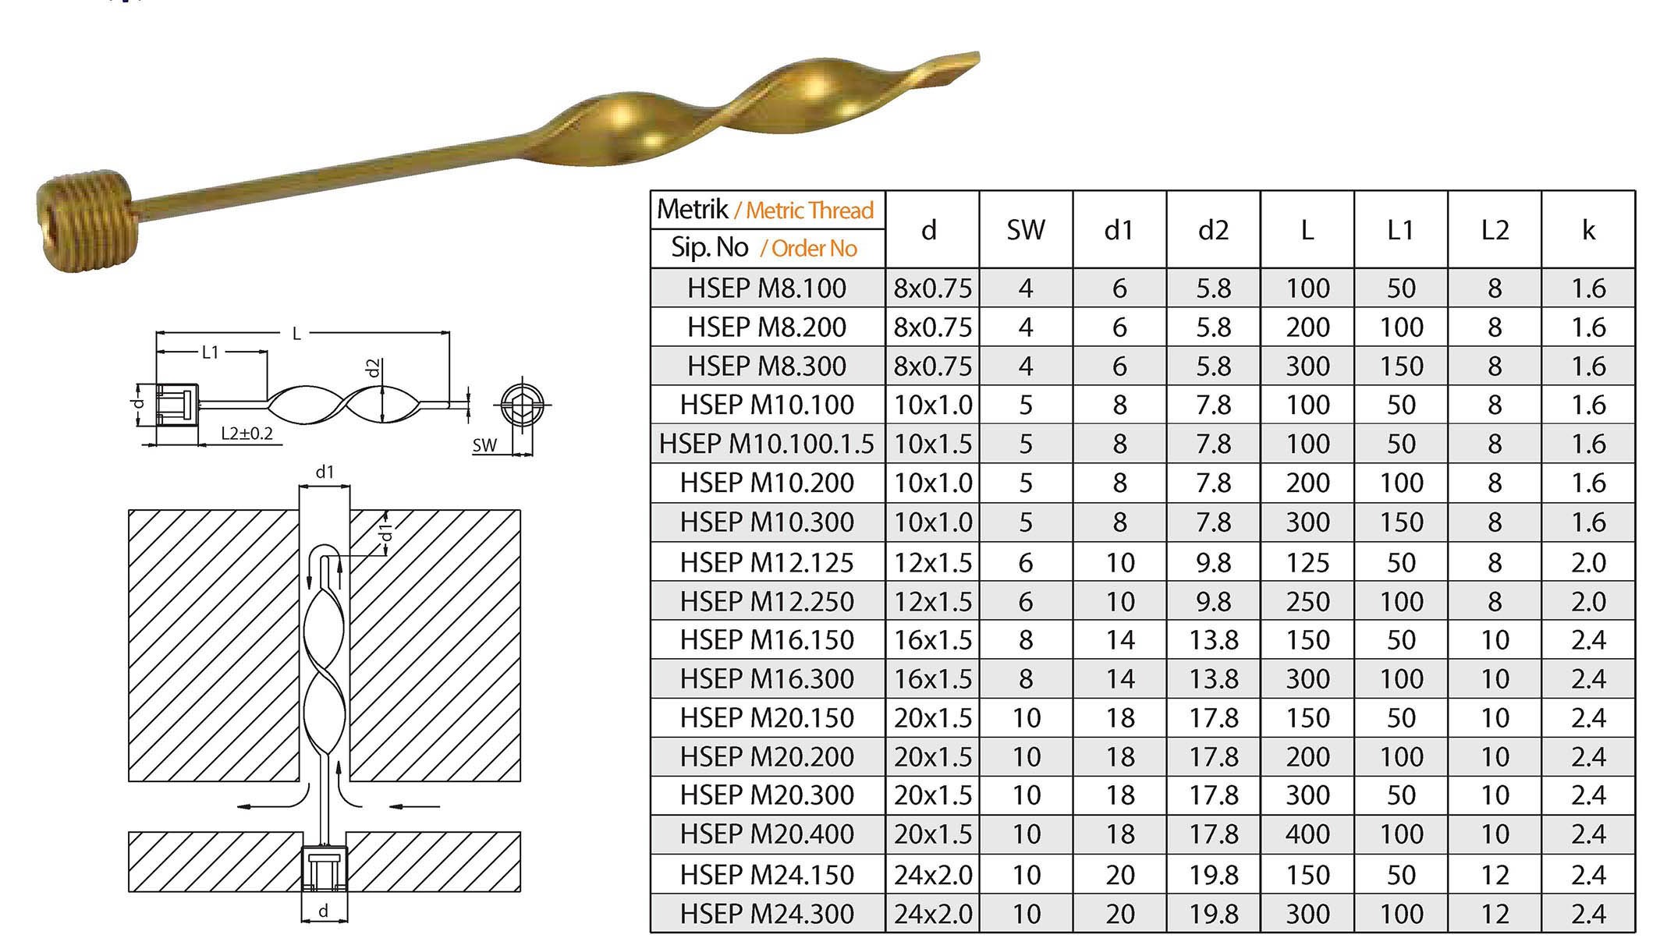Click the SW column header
coord(1025,230)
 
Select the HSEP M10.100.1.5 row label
coord(767,444)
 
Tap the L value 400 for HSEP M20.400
coord(1307,834)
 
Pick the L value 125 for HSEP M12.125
coord(1307,562)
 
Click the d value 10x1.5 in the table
coord(932,444)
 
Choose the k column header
coord(1588,230)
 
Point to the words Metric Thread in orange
coord(809,211)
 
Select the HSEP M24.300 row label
coord(767,913)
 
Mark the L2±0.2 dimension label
coord(247,434)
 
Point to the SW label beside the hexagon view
coord(484,445)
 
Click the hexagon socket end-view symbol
coord(522,405)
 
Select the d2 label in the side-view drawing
coord(374,367)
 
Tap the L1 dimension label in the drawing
coord(211,352)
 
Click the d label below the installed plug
coord(324,911)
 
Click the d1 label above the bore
coord(325,472)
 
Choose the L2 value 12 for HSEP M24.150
coord(1494,875)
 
